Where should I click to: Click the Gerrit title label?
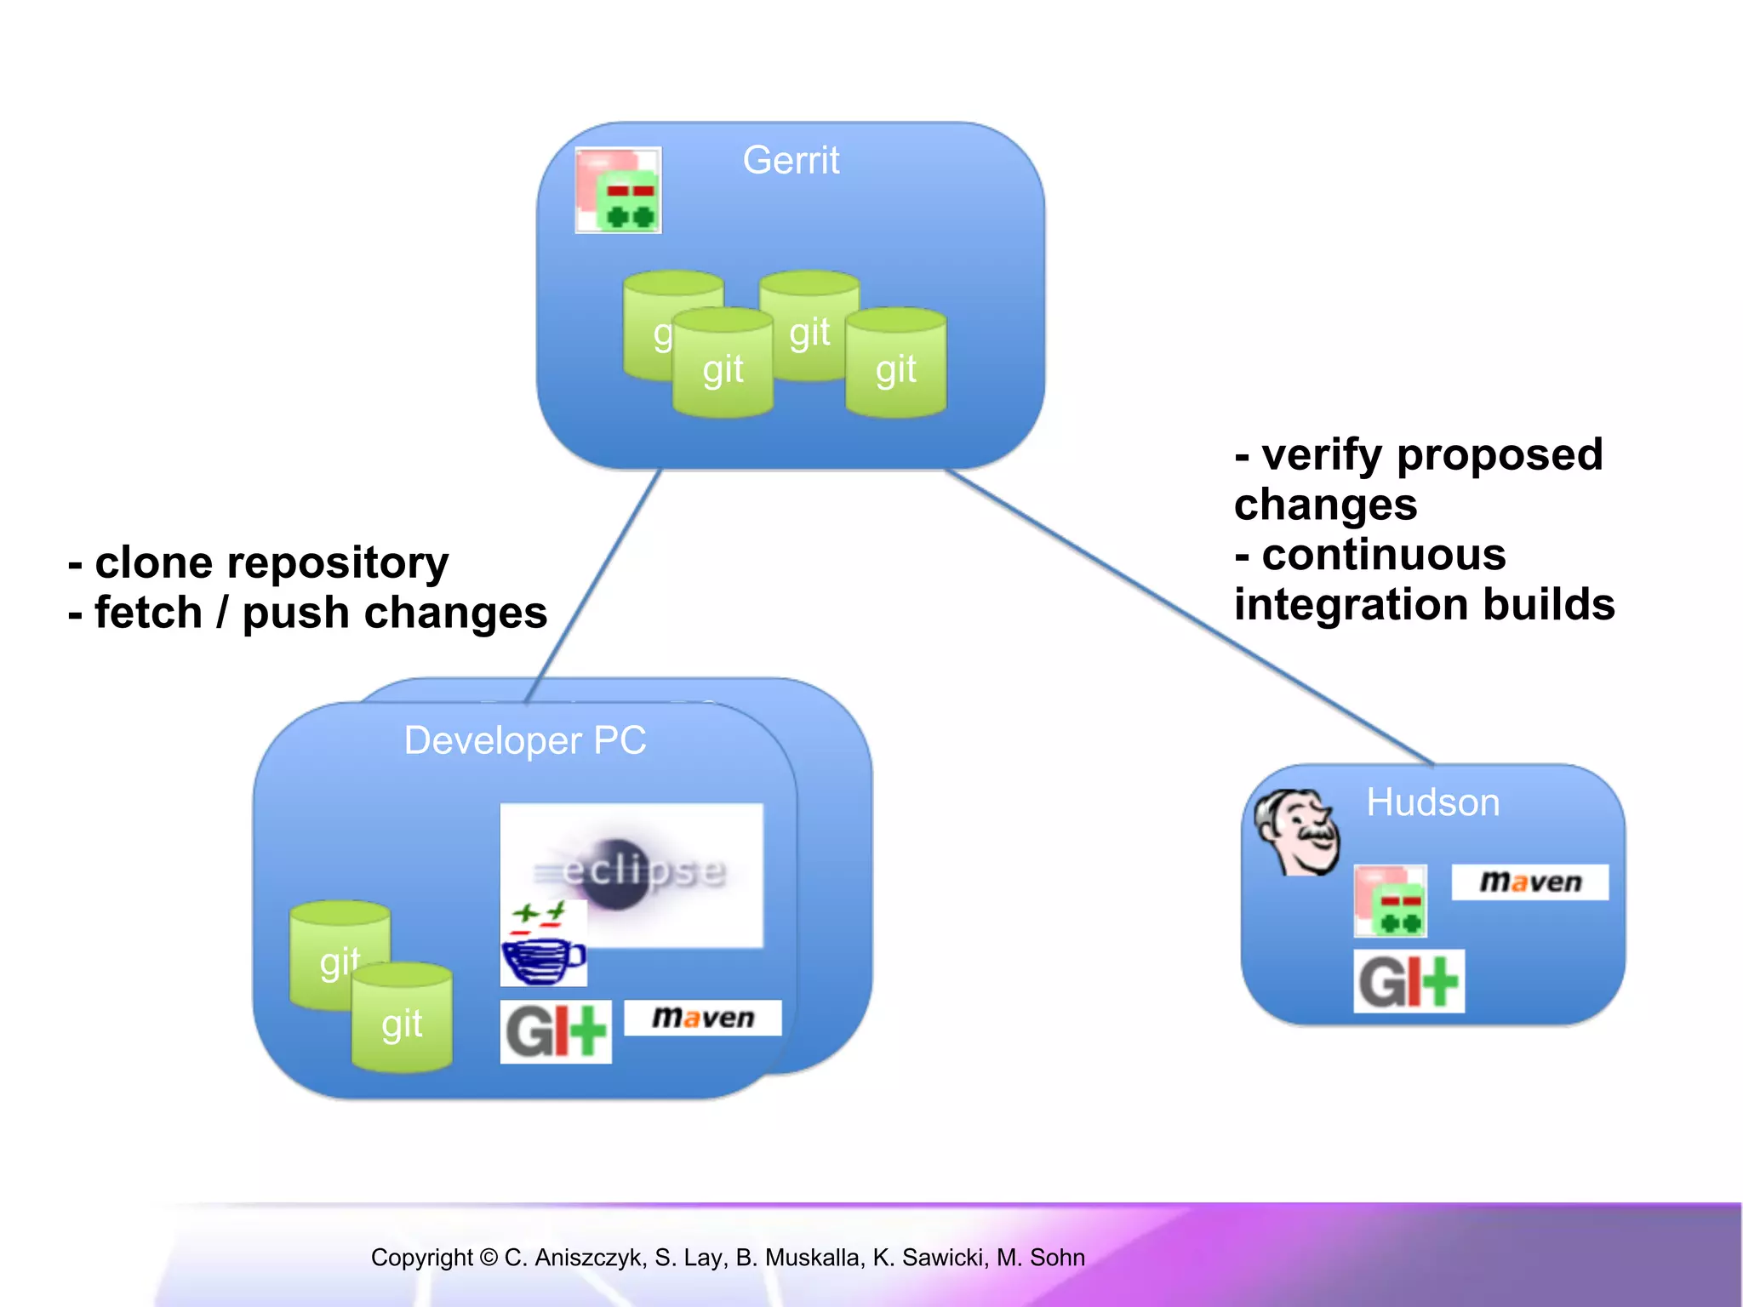tap(791, 160)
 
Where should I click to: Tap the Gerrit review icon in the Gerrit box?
tap(619, 191)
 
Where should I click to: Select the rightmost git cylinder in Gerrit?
tap(896, 363)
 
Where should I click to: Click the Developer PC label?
tap(525, 740)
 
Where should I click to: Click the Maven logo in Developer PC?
tap(703, 1018)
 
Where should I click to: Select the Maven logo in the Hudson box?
tap(1530, 882)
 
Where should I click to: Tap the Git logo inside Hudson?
tap(1409, 981)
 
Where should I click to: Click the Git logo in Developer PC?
tap(556, 1032)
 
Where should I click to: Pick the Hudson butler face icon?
tap(1297, 831)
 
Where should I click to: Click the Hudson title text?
tap(1433, 802)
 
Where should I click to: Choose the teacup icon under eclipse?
tap(543, 946)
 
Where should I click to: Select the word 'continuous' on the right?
tap(1384, 555)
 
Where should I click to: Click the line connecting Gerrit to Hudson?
tap(1192, 618)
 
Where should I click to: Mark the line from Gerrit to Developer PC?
tap(594, 586)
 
